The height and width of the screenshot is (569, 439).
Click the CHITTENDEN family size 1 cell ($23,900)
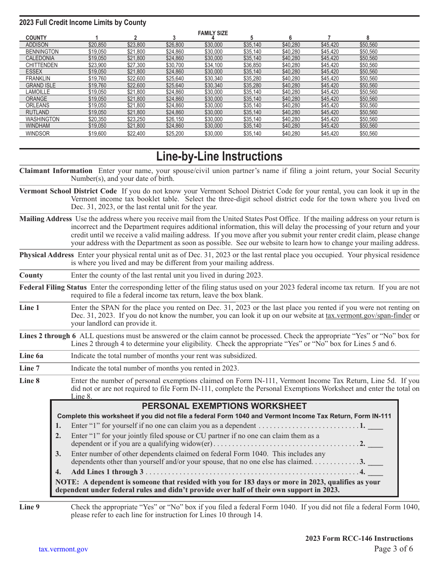coord(97,65)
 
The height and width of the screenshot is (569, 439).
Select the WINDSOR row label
coord(37,134)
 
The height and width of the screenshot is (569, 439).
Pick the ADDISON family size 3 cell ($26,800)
coord(175,45)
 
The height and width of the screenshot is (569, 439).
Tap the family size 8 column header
coord(368,38)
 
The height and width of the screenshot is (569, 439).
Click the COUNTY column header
coord(36,38)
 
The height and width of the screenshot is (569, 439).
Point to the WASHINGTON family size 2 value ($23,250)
coord(136,119)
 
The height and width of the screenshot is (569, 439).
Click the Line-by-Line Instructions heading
coord(219,156)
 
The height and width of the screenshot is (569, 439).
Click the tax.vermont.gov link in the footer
coord(63,549)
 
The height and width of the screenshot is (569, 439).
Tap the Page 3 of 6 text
coord(393,549)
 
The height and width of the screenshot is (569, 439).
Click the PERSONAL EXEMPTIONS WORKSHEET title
coord(224,406)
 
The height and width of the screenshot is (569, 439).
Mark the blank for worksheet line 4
coord(376,472)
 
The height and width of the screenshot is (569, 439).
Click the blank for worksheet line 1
coord(376,426)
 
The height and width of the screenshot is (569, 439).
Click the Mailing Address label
coord(45,219)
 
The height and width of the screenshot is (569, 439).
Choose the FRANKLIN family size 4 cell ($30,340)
coord(213,79)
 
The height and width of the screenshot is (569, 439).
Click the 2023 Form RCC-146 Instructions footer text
coord(359,538)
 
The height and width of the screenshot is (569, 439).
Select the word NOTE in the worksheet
coord(65,482)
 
